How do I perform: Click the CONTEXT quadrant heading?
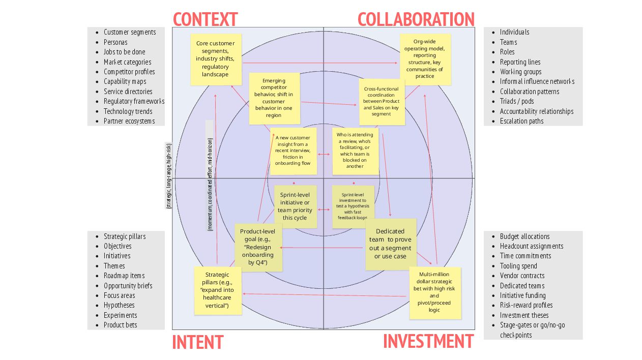pos(205,19)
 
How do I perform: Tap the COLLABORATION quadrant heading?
pos(416,19)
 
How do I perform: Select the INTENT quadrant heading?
pos(197,342)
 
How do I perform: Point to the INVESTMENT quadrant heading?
pos(428,341)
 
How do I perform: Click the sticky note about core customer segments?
pos(216,59)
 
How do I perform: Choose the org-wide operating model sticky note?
pos(425,59)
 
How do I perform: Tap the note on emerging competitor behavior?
pos(273,98)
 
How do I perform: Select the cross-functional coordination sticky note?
pos(382,101)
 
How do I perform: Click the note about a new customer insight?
pos(293,151)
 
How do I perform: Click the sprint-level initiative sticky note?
pos(295,206)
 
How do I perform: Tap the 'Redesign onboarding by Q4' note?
pos(258,247)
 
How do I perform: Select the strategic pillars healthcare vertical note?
pos(217,290)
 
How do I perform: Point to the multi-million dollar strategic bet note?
pos(434,292)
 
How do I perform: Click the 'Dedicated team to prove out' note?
pos(390,244)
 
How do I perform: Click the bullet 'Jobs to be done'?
pos(124,52)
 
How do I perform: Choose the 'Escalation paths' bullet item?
pos(521,121)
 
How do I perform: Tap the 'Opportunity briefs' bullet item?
pos(128,286)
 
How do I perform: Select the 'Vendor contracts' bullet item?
pos(522,276)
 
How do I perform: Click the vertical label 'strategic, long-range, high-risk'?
pos(169,175)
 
